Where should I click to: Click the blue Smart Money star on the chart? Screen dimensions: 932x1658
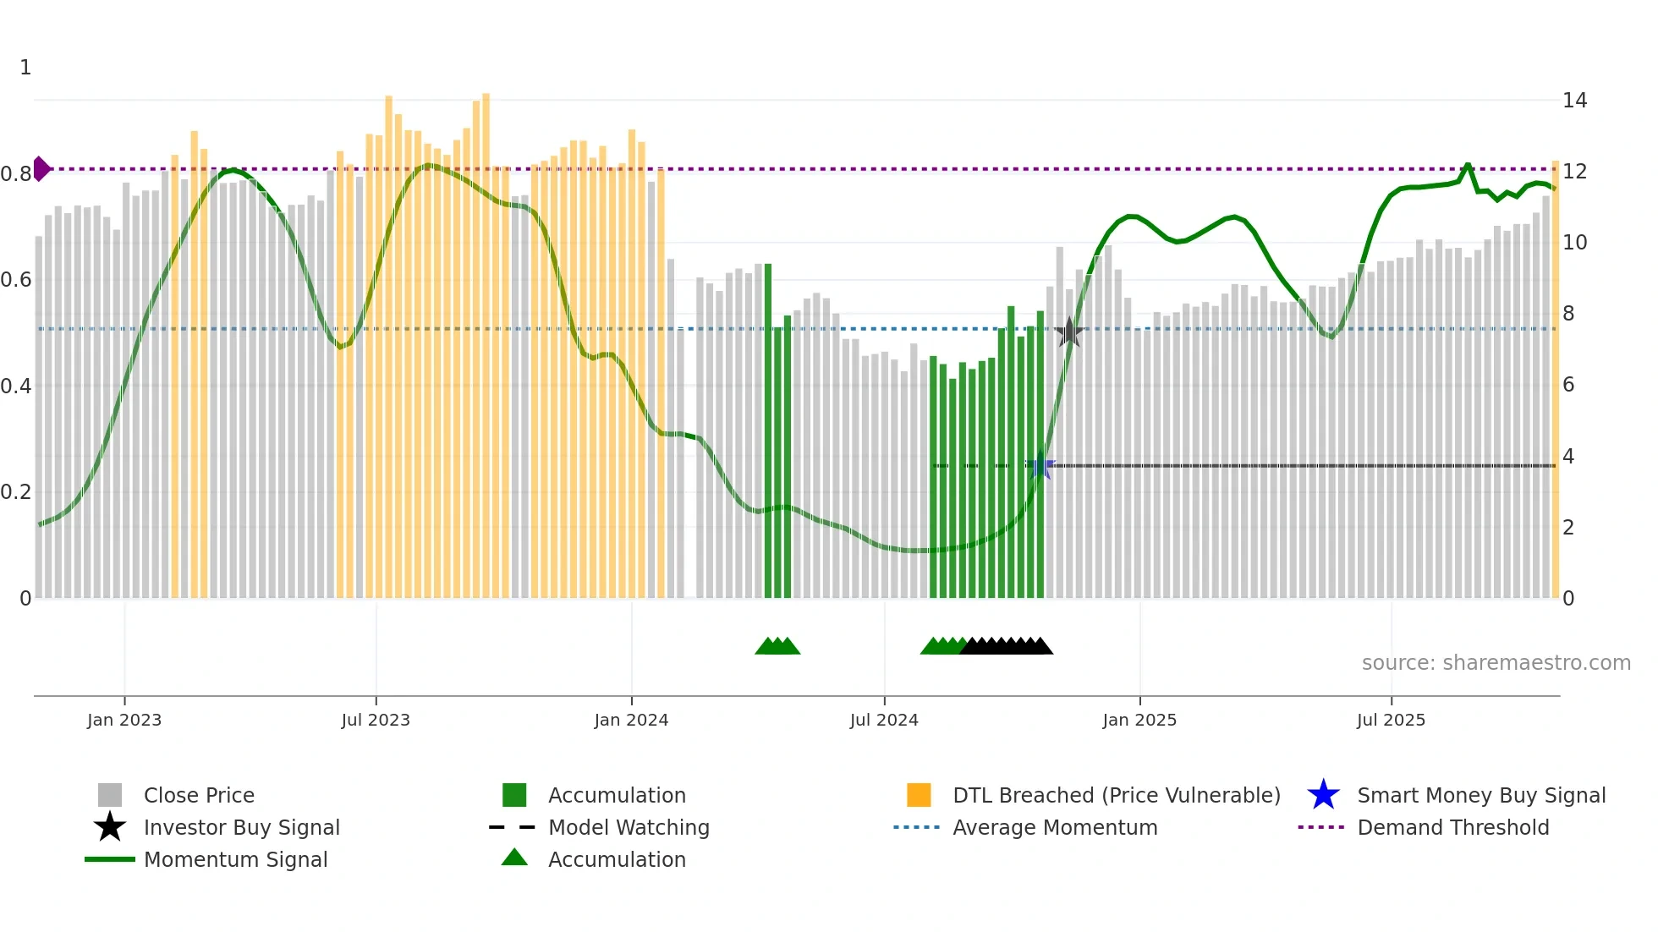[1041, 465]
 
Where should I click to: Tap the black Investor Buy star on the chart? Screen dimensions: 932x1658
[1069, 332]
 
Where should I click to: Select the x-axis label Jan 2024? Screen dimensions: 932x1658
[631, 720]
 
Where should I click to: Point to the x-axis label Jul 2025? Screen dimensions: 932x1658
[1391, 720]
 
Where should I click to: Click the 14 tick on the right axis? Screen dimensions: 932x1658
[1574, 101]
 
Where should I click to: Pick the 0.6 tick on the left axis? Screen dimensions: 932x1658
[16, 280]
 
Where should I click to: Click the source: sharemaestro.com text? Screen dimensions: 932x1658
[1496, 663]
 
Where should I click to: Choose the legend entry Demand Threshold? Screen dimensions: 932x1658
[1452, 827]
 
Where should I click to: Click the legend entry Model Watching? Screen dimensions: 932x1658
[628, 827]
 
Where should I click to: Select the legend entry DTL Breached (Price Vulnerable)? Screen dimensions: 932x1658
[1116, 795]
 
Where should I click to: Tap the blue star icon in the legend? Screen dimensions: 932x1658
[1323, 795]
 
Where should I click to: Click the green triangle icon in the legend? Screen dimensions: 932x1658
[514, 858]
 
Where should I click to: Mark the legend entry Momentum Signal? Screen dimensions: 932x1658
[235, 859]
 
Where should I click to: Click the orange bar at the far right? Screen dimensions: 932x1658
[1555, 381]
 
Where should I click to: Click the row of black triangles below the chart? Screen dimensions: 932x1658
[1007, 646]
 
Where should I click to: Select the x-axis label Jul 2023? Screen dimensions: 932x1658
[376, 720]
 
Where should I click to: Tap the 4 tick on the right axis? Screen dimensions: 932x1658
[1568, 457]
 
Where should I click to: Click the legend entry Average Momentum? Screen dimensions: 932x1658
[1054, 827]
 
